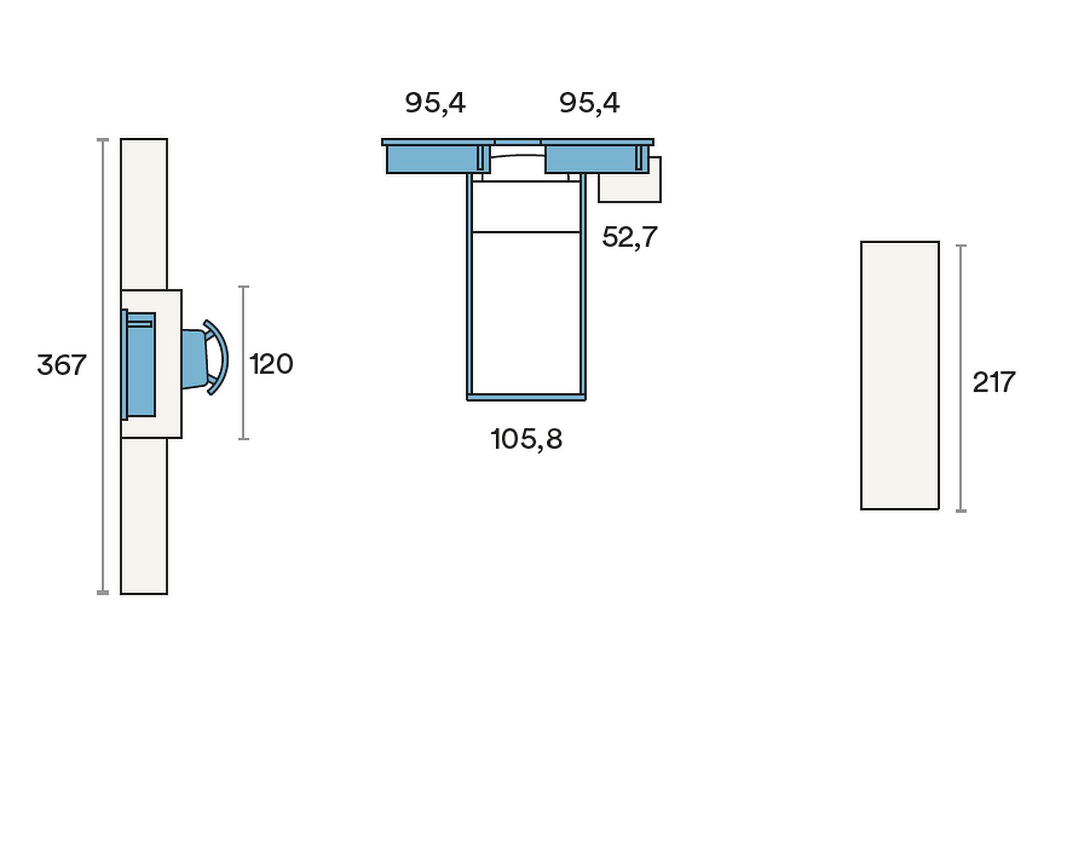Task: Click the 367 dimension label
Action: pyautogui.click(x=61, y=365)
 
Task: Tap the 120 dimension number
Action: pyautogui.click(x=271, y=364)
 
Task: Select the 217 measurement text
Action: pyautogui.click(x=994, y=382)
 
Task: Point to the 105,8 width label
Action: pyautogui.click(x=527, y=439)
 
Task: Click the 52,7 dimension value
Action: pyautogui.click(x=629, y=237)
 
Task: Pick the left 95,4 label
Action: pyautogui.click(x=435, y=103)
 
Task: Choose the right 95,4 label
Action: pyautogui.click(x=589, y=103)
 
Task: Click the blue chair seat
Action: pyautogui.click(x=194, y=359)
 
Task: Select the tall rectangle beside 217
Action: pyautogui.click(x=900, y=375)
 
